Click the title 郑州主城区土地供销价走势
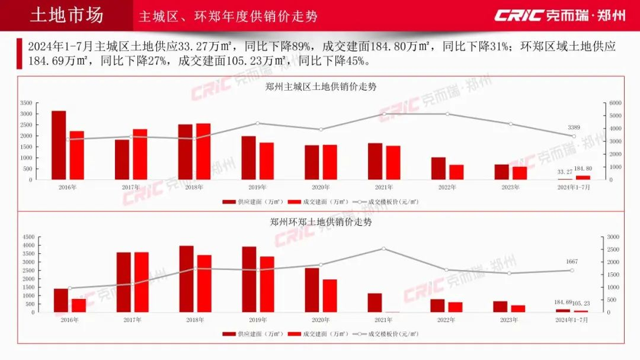click(x=321, y=86)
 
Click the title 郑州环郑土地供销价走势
click(x=321, y=222)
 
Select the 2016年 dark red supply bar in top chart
click(x=59, y=145)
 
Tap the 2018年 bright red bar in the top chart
click(x=203, y=152)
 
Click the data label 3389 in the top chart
click(x=574, y=127)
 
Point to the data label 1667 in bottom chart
click(x=572, y=261)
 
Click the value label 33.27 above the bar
click(x=565, y=172)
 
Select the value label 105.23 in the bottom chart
click(x=581, y=303)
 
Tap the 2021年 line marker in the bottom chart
click(x=383, y=249)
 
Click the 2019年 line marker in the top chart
click(x=257, y=123)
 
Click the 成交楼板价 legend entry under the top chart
click(x=388, y=202)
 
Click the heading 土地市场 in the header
click(x=66, y=15)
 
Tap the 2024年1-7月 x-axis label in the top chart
click(x=573, y=187)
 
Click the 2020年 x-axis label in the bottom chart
click(x=321, y=320)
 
